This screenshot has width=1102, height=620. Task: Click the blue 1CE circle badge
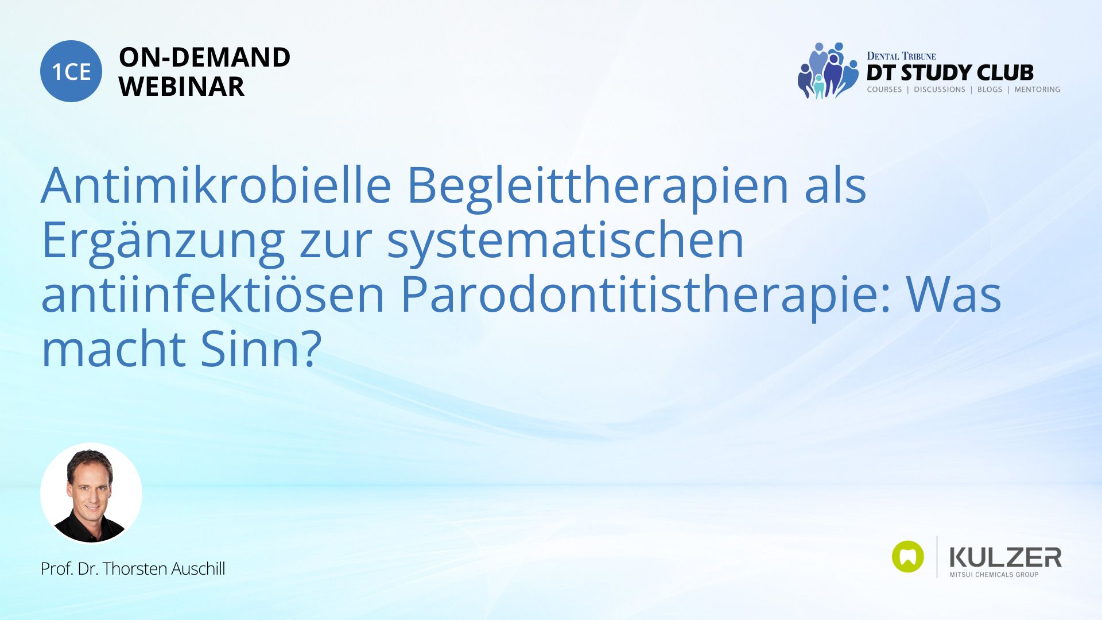71,71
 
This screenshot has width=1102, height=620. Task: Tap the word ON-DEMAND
204,57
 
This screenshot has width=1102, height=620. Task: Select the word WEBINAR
181,87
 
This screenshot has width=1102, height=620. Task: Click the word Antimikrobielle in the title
216,185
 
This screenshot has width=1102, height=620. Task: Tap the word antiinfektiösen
212,293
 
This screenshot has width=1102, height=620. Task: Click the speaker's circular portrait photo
91,494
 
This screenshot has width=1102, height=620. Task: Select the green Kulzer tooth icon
908,556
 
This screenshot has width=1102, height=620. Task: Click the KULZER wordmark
1006,557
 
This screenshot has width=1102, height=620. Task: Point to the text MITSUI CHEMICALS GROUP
994,575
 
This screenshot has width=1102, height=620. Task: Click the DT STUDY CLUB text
950,73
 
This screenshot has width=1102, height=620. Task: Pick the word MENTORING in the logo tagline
1037,90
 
